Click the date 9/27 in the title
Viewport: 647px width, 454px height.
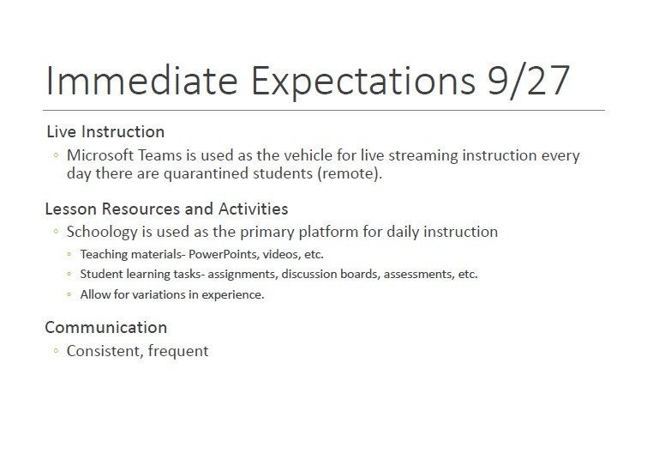[x=529, y=80]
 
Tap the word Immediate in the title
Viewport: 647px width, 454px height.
[x=142, y=80]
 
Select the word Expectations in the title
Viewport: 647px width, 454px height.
[x=363, y=81]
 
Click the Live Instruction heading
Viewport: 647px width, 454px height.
[x=105, y=132]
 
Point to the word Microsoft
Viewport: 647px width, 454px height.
[x=100, y=155]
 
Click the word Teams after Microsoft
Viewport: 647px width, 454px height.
[x=159, y=155]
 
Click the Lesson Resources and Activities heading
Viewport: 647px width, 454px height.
[x=167, y=209]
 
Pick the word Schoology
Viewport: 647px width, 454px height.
[x=102, y=233]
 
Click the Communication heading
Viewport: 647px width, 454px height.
[x=106, y=327]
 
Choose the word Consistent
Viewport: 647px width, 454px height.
[x=105, y=351]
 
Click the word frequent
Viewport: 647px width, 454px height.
[x=178, y=352]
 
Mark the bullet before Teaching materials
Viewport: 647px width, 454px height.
[x=69, y=254]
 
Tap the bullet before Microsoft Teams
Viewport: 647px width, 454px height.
[x=56, y=155]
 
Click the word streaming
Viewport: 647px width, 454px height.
[x=423, y=156]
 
